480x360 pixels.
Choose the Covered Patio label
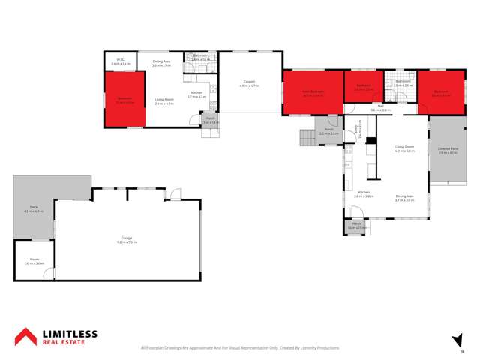pyautogui.click(x=448, y=151)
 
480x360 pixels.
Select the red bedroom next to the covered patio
pyautogui.click(x=440, y=92)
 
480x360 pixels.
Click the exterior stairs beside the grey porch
pyautogui.click(x=306, y=138)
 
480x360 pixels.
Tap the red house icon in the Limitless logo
pyautogui.click(x=27, y=336)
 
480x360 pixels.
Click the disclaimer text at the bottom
pyautogui.click(x=240, y=347)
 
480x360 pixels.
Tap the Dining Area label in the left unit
pyautogui.click(x=163, y=62)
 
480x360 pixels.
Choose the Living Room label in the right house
pyautogui.click(x=405, y=148)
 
